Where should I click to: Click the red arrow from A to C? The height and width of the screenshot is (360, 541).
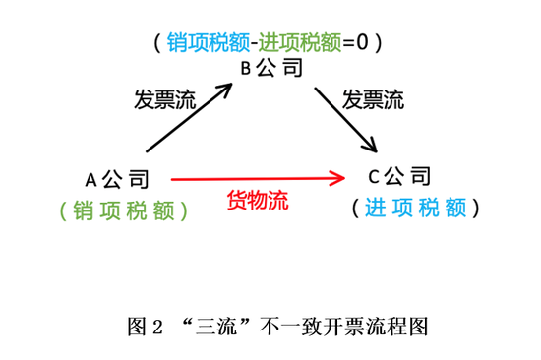[256, 179]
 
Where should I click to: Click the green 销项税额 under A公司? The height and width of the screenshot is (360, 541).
[123, 210]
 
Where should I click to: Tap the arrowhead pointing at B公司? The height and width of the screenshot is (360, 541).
[227, 89]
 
